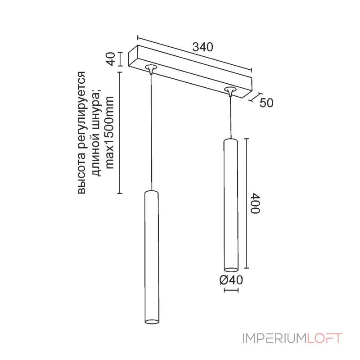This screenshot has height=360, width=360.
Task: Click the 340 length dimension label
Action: (203, 47)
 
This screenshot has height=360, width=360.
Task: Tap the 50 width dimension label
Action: (266, 103)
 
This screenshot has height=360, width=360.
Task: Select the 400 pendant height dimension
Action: (255, 204)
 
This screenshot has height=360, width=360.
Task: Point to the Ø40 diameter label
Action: (231, 280)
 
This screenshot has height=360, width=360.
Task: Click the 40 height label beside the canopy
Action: (111, 59)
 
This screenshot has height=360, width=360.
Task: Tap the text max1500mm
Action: (110, 133)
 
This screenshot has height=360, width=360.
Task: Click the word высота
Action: (81, 175)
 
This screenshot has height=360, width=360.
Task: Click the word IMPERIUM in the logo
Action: (274, 338)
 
